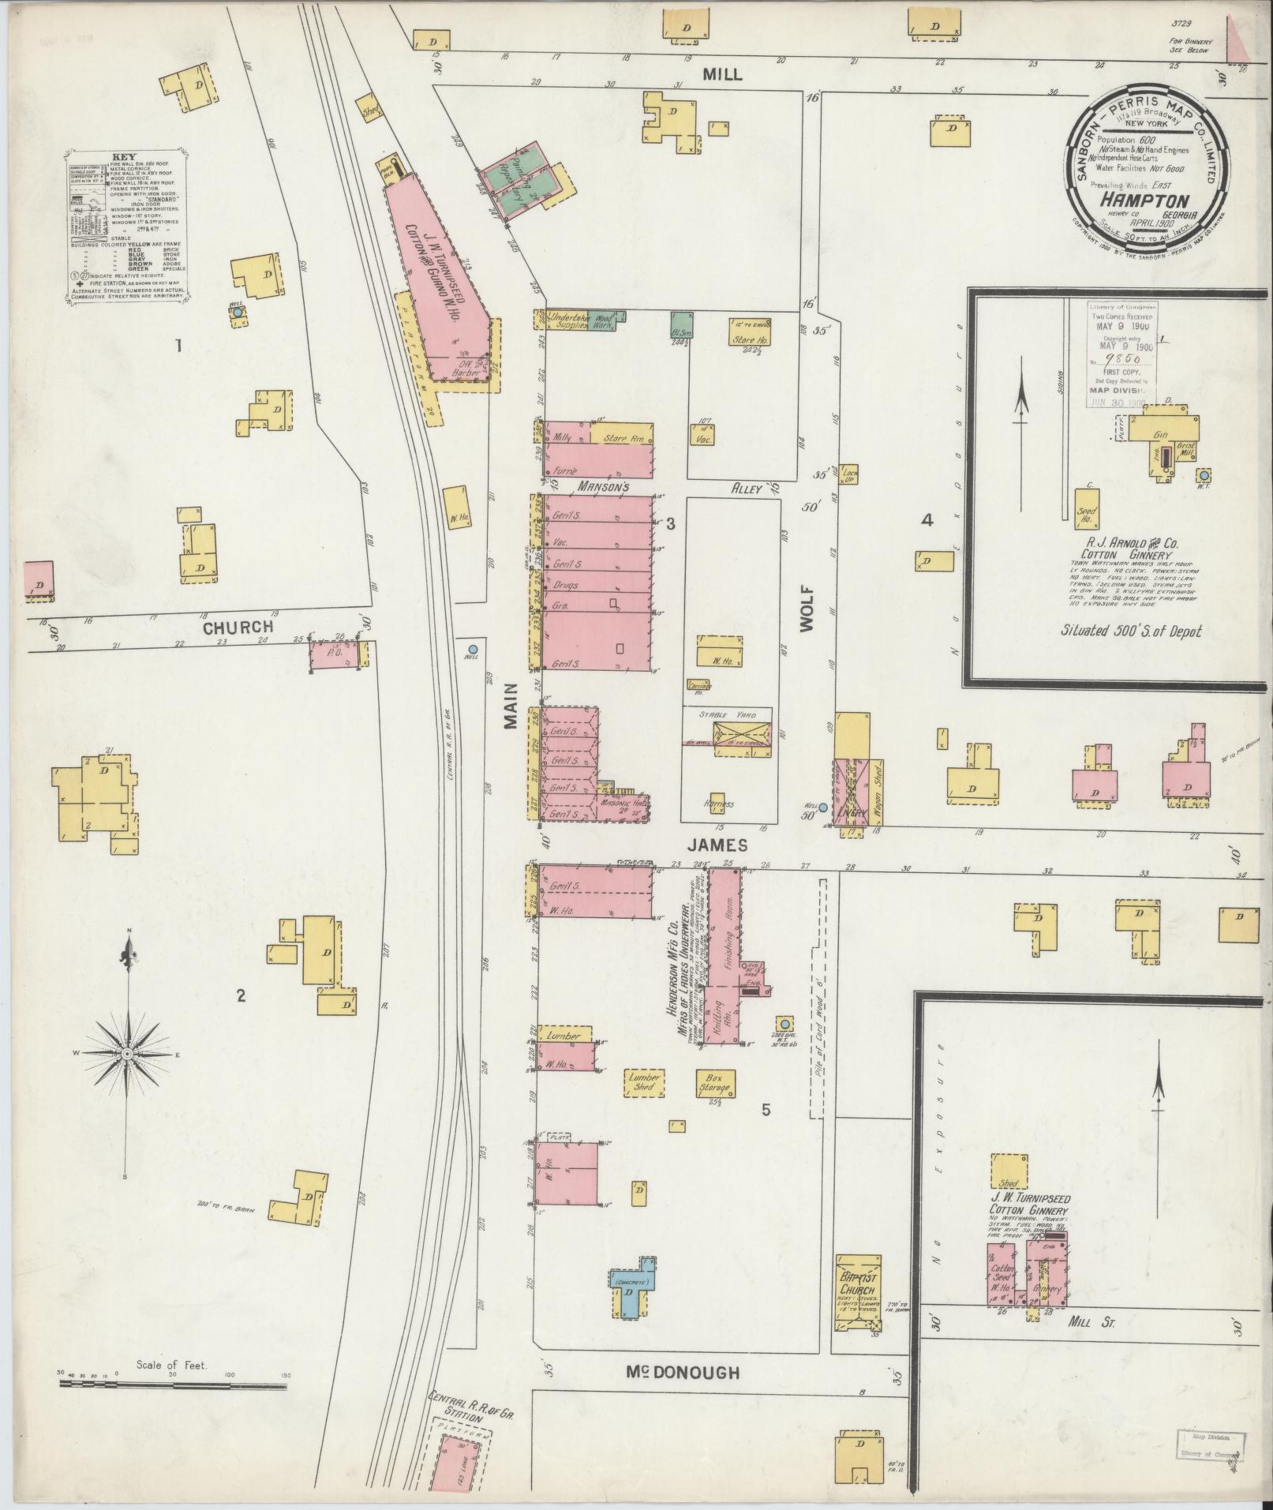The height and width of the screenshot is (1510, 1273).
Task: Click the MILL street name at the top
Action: click(722, 73)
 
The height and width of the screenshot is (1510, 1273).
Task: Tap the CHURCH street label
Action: click(238, 628)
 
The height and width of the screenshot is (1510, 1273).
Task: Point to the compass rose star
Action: click(128, 1053)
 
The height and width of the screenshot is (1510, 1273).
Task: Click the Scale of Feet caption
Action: click(171, 1364)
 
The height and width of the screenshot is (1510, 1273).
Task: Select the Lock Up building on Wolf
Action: click(849, 474)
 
